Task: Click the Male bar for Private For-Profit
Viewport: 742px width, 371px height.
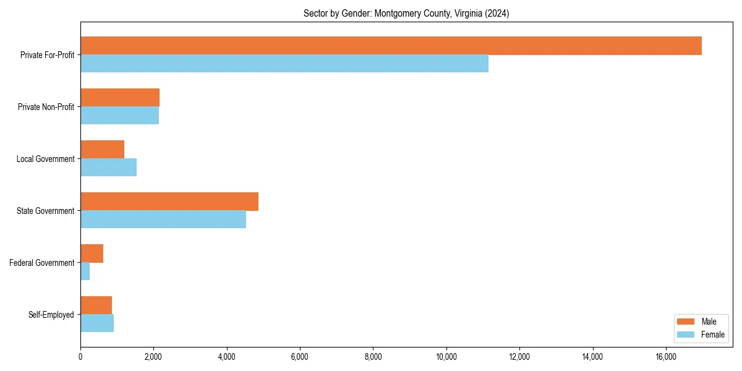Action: tap(391, 46)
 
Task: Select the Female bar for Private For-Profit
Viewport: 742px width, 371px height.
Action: tap(284, 64)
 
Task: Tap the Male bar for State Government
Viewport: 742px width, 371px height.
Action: tap(169, 202)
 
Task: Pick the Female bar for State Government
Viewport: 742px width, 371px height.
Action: tap(163, 220)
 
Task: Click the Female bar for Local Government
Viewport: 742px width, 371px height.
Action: tap(108, 168)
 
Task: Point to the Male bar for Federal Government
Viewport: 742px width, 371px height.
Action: tap(92, 254)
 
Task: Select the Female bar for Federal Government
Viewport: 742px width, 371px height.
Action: tap(85, 271)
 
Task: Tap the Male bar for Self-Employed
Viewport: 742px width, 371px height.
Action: tap(96, 305)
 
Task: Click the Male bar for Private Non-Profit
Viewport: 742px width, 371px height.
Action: tap(120, 98)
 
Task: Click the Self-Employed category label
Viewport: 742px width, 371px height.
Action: tap(51, 315)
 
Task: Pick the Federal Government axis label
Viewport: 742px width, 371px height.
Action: tap(42, 263)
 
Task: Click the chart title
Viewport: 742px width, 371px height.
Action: tap(406, 14)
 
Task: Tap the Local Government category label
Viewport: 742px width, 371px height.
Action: tap(45, 159)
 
